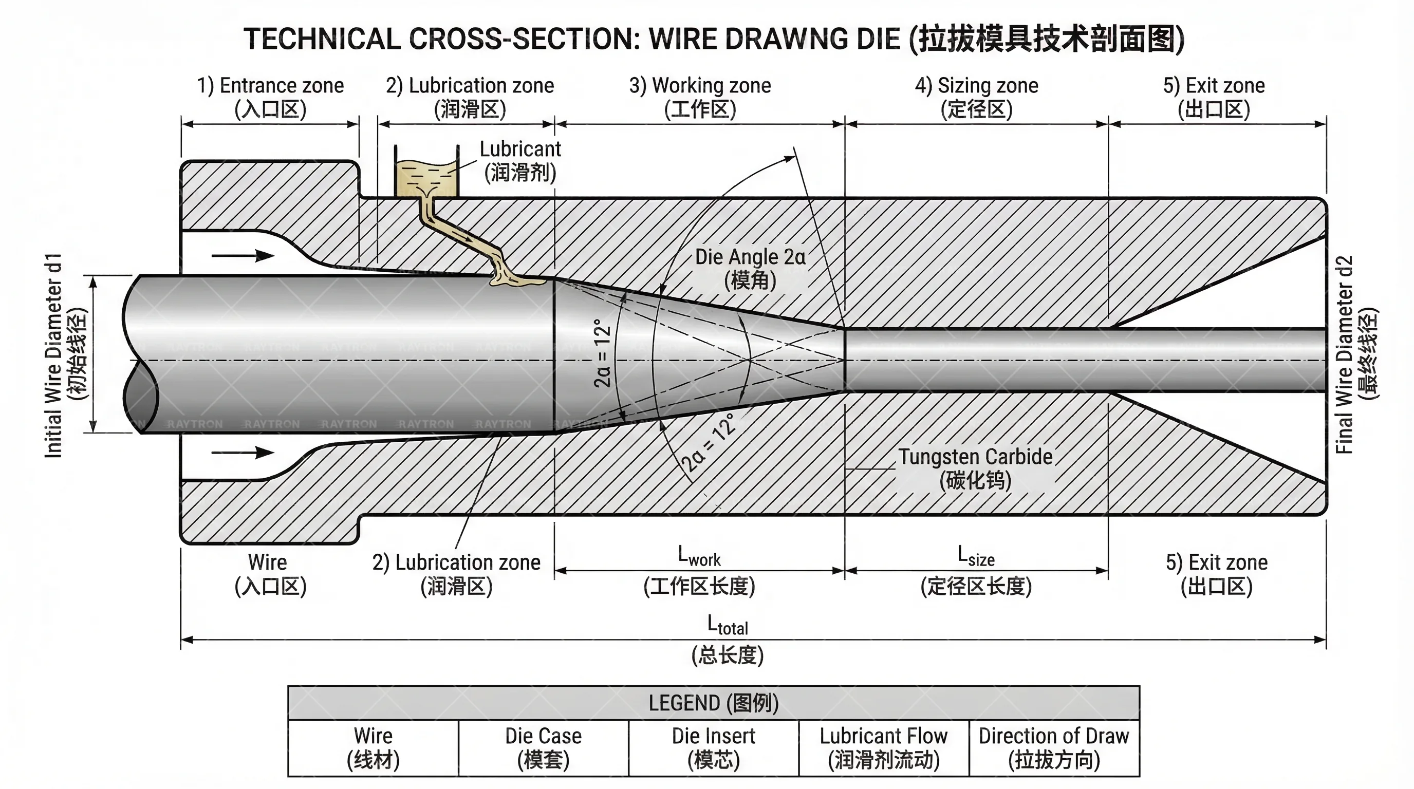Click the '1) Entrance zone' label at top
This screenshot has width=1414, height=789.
(x=270, y=86)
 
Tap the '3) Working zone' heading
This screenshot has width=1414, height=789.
(x=700, y=86)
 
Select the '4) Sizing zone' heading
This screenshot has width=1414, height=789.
(x=977, y=86)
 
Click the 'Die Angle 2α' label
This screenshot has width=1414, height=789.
(x=750, y=257)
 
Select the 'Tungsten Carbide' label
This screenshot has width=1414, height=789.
(x=975, y=457)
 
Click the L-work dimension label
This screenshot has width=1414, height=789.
(x=699, y=556)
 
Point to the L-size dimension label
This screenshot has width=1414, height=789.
(x=976, y=556)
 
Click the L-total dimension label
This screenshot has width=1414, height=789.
(x=728, y=626)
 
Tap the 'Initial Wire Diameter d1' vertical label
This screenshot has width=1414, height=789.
(x=54, y=355)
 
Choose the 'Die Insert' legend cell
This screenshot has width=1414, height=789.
(x=713, y=747)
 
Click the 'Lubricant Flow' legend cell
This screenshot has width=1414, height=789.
(x=883, y=747)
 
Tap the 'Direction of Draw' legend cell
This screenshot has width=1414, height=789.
(x=1053, y=747)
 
